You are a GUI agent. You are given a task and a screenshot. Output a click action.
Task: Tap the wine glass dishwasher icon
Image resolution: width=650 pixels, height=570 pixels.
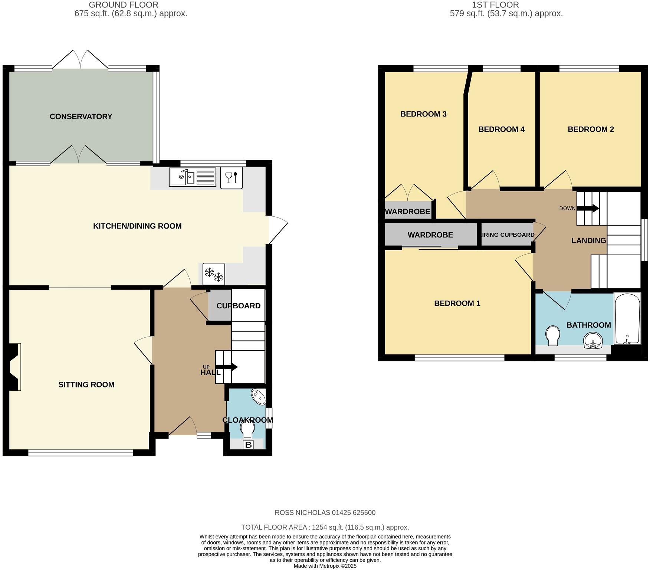point(232,177)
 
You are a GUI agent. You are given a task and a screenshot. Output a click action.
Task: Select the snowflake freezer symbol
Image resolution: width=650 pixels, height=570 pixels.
point(214,274)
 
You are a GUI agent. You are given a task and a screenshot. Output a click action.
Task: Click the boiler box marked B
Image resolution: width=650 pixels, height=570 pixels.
point(248,445)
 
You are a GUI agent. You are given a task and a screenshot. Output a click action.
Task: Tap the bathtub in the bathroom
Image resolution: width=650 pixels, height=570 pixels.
point(627,319)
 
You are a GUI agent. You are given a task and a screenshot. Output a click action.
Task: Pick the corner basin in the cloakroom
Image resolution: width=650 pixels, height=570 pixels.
point(259,397)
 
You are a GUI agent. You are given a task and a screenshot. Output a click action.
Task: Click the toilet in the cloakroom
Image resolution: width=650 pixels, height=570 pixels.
point(247,429)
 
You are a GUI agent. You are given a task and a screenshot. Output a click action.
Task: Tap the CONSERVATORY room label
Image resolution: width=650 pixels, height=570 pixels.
point(81,117)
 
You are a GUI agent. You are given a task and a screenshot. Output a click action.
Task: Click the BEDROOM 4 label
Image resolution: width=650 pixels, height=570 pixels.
point(501,129)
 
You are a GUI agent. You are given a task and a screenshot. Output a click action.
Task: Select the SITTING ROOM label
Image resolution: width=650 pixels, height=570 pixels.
point(86,385)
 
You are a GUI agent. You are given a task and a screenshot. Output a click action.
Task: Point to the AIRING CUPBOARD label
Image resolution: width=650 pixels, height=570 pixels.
point(507,235)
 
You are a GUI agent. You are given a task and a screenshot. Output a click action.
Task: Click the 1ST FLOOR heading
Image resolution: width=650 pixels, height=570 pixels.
point(495,5)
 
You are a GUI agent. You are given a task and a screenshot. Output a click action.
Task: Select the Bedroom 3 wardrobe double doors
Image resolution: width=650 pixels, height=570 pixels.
point(408,192)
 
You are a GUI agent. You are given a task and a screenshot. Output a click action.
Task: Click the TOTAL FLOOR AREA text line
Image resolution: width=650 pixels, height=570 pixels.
point(325,527)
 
